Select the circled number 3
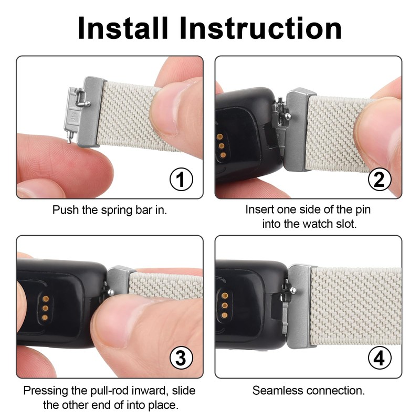pyautogui.click(x=180, y=359)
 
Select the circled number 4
pyautogui.click(x=379, y=359)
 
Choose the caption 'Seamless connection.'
pyautogui.click(x=309, y=391)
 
